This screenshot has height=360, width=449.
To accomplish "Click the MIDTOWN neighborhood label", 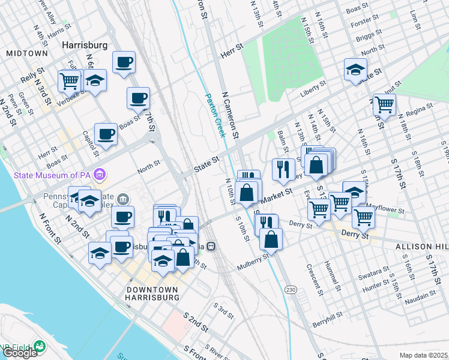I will [26, 53].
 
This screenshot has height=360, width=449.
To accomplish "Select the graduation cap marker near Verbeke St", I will [95, 80].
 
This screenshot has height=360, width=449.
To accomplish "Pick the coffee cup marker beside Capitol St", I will [106, 135].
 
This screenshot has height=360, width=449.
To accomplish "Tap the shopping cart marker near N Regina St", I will [384, 105].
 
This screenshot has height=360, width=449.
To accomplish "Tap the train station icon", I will [211, 246].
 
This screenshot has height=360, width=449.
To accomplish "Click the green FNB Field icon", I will [40, 346].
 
